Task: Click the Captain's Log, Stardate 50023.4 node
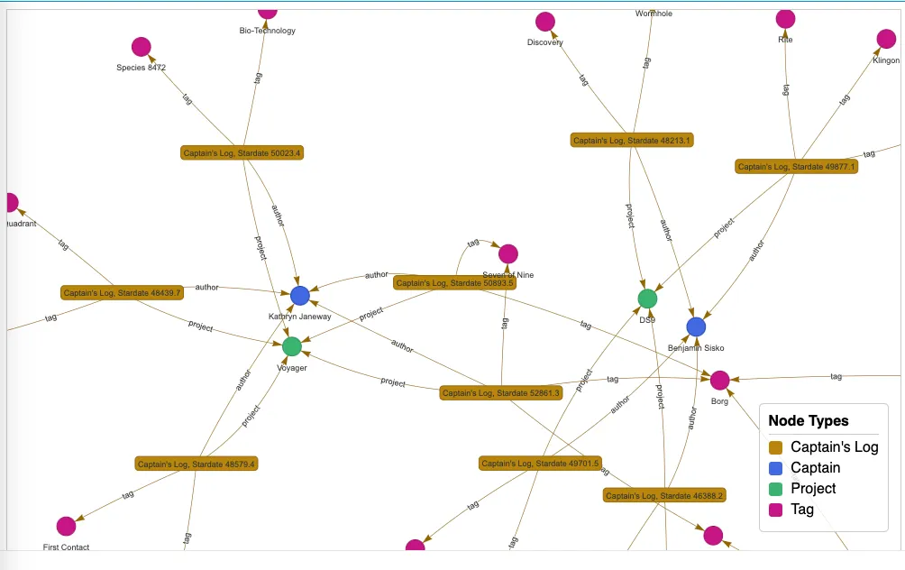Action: tap(242, 153)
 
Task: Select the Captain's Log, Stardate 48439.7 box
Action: tap(123, 292)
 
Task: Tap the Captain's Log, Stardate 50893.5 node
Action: tap(454, 283)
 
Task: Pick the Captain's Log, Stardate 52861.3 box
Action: tap(501, 393)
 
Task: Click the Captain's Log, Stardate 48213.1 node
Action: tap(632, 140)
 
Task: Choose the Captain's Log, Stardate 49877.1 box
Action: tap(797, 166)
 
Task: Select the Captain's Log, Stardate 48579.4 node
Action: tap(197, 464)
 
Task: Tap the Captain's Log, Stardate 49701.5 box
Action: tap(540, 464)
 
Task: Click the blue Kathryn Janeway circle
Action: tap(300, 296)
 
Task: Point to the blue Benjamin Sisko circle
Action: tap(696, 326)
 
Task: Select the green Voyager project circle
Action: tap(292, 346)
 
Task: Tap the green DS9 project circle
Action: tap(647, 299)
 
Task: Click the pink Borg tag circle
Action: tap(719, 381)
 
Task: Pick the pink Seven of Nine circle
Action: tap(508, 254)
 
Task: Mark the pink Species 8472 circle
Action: tap(141, 47)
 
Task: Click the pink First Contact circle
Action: tap(66, 526)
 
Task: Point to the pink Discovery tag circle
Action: tap(545, 22)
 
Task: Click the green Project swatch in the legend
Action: tap(775, 489)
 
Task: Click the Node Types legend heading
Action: tap(809, 421)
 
